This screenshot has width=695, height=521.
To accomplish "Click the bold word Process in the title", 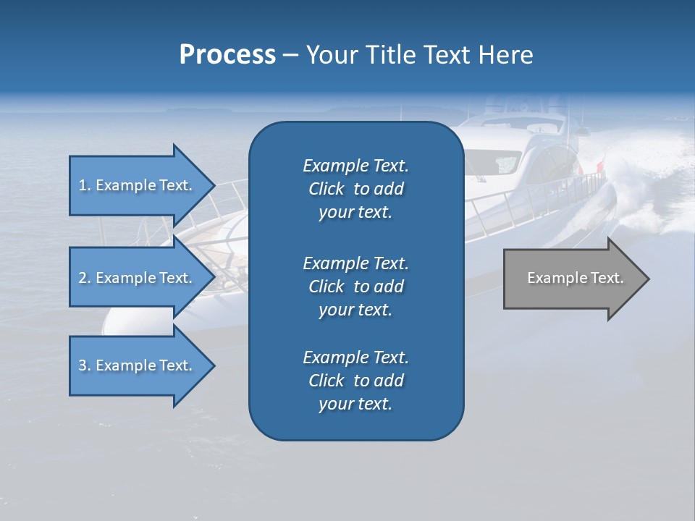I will [x=227, y=55].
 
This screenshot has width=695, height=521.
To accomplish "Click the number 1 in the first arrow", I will [x=83, y=185].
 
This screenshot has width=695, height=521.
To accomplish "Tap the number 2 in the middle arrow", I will [x=83, y=278].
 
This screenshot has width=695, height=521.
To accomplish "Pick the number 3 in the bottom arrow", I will [x=83, y=365].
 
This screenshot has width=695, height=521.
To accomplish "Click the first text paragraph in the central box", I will [x=355, y=189].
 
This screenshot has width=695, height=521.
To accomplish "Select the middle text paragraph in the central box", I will [x=355, y=287].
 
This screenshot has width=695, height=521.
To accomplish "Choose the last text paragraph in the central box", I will [x=355, y=381].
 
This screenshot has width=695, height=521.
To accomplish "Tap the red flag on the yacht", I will [x=599, y=168].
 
